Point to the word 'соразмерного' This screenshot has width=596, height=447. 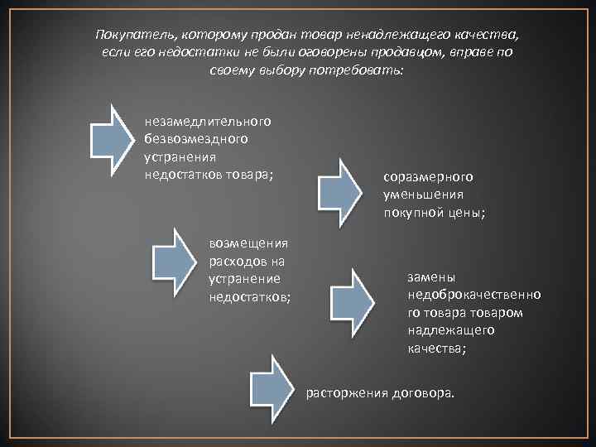pos(427,177)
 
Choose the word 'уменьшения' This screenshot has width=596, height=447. pos(423,195)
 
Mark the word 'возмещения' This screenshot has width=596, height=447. pos(248,243)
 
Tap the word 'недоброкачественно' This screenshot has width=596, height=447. pos(474,296)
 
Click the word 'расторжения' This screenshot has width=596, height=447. pos(344,391)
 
